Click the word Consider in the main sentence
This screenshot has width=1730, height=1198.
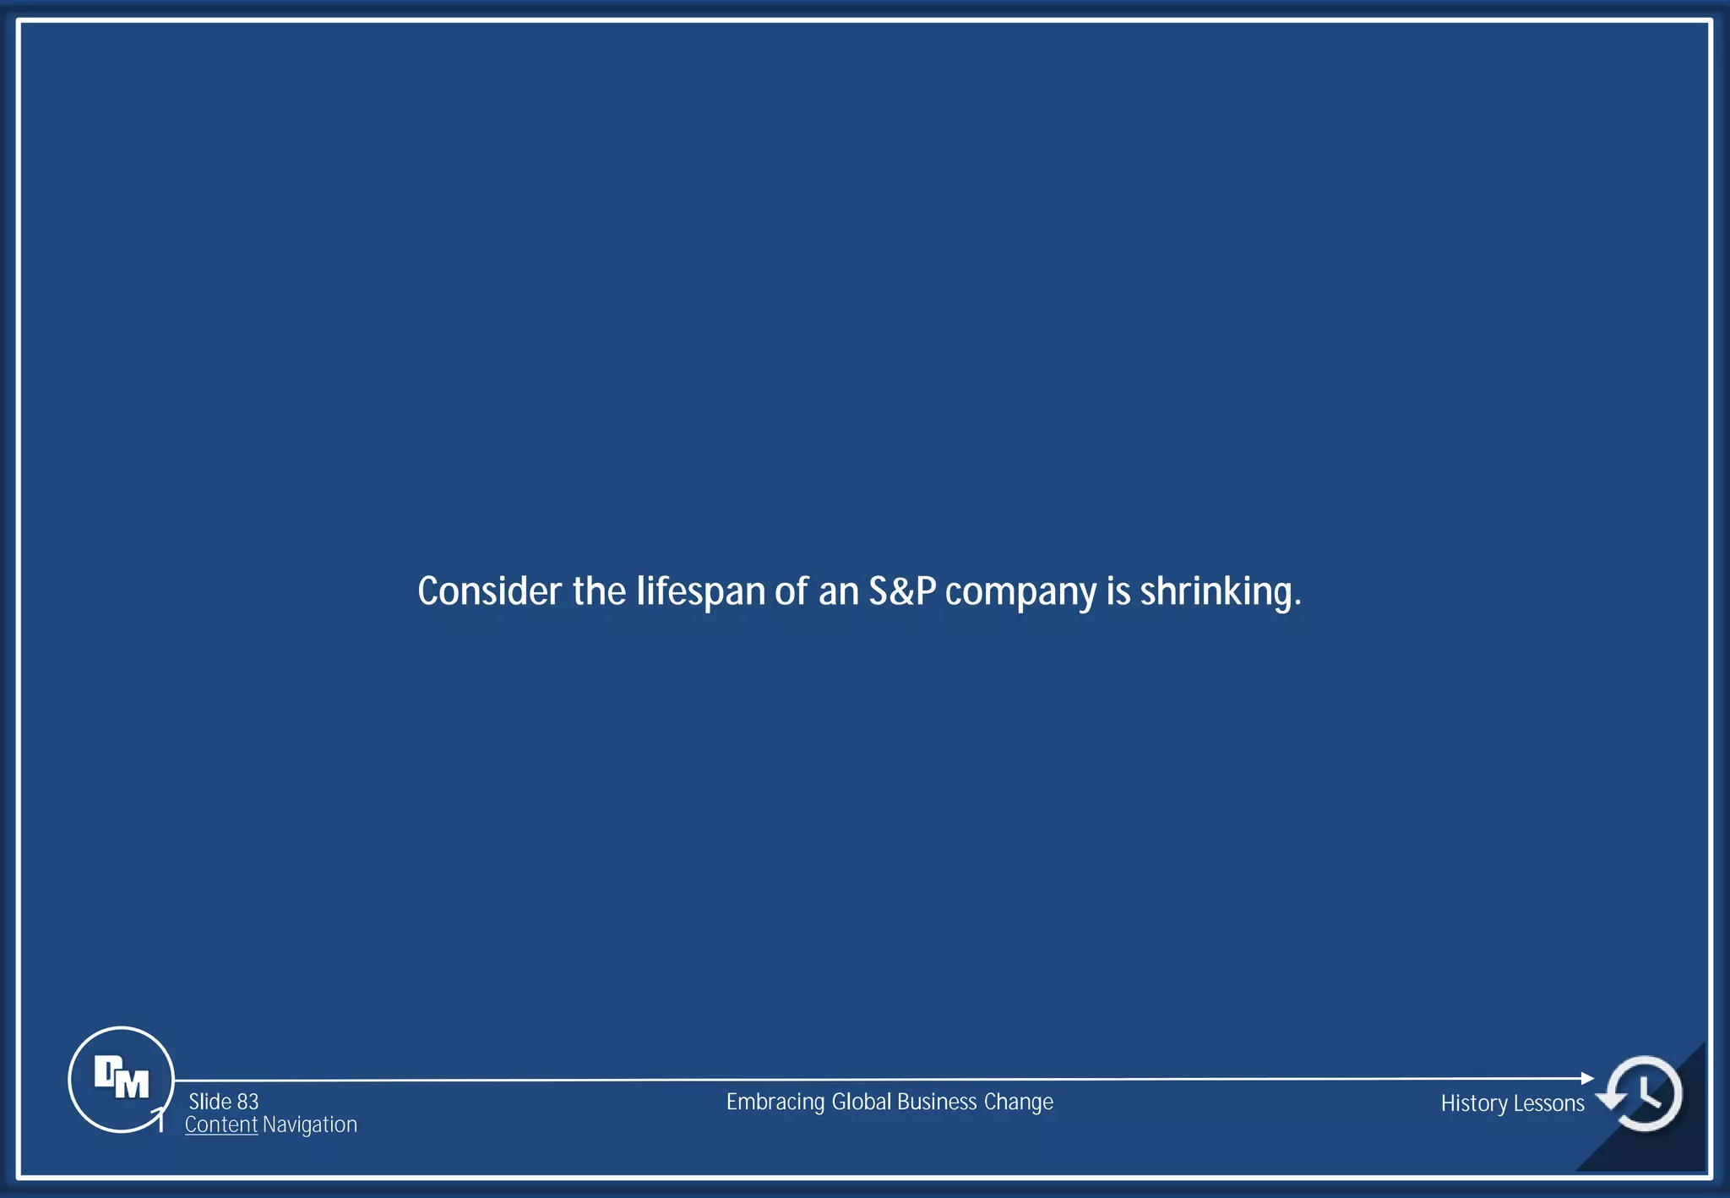point(489,591)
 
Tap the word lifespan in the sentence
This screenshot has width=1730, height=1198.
point(700,592)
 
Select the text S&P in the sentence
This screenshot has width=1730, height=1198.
point(902,591)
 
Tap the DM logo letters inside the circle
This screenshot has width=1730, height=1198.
point(122,1078)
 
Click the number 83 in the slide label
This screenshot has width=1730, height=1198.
point(248,1102)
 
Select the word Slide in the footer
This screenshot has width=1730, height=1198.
point(209,1102)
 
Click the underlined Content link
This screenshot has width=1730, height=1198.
point(221,1124)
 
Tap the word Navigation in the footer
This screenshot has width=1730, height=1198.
point(310,1124)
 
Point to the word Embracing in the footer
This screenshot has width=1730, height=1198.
point(775,1103)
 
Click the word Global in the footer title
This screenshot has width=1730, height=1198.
point(862,1102)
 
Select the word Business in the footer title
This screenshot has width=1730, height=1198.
point(937,1102)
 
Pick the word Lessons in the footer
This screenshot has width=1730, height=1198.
point(1548,1103)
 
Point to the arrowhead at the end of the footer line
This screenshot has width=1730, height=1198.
point(1587,1078)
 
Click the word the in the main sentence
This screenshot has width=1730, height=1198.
point(599,591)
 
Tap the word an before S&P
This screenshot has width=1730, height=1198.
point(838,592)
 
